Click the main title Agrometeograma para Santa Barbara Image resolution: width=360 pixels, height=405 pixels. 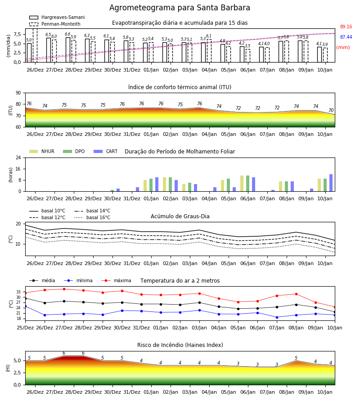(180, 8)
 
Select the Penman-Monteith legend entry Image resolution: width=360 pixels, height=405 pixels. (55, 24)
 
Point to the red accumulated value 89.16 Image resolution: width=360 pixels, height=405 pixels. (346, 27)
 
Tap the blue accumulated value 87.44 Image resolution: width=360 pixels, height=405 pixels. (346, 37)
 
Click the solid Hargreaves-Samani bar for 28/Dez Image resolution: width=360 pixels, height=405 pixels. (68, 50)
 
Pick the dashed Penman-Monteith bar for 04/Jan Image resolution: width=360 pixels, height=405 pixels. (209, 51)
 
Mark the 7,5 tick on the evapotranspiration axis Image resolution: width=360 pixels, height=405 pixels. (17, 34)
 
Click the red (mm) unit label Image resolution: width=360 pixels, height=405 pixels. (343, 48)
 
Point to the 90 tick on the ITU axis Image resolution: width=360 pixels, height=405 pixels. (18, 93)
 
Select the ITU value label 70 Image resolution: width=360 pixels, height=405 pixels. (331, 110)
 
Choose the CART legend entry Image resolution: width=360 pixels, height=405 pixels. (106, 151)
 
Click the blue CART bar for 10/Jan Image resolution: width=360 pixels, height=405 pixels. (331, 183)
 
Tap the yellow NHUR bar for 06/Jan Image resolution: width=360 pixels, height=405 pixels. (242, 184)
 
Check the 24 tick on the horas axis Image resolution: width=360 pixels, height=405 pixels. (18, 158)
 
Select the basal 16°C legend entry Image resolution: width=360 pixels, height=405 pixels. (92, 217)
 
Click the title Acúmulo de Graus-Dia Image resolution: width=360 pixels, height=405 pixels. (180, 216)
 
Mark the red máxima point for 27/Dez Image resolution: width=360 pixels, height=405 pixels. (64, 289)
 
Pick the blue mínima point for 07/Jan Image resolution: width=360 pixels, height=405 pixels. (277, 317)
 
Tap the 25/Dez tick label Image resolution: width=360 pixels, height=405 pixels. (25, 328)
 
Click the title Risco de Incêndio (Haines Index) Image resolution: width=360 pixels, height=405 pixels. (180, 345)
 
